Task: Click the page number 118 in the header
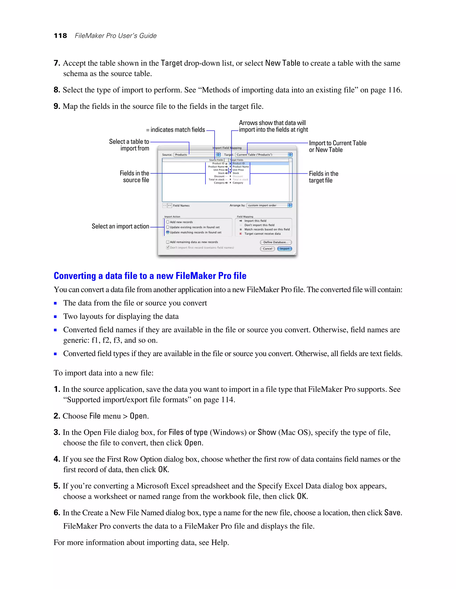[61, 36]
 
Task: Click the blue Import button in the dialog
[285, 249]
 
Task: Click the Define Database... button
[276, 242]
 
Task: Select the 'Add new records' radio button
[168, 222]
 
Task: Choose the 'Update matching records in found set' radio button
[168, 232]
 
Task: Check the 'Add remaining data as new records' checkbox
[168, 242]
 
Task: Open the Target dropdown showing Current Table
[264, 155]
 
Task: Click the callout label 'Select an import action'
[120, 226]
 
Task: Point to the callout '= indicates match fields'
[176, 130]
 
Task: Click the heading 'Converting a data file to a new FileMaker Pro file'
[150, 276]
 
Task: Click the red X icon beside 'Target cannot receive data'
[240, 234]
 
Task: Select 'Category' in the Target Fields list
[238, 183]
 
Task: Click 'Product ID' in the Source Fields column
[218, 163]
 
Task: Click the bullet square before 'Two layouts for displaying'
[55, 317]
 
